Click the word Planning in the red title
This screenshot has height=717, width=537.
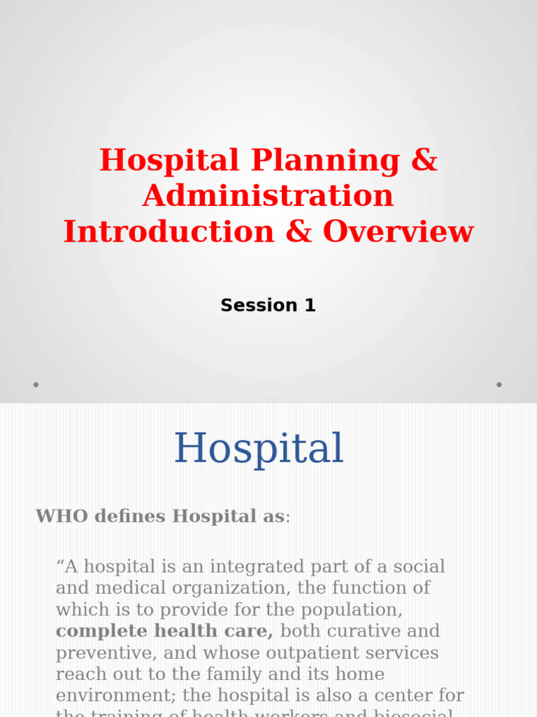[325, 160]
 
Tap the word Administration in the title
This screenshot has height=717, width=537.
[268, 196]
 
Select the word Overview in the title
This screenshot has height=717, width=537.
[398, 232]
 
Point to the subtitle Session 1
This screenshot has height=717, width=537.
[268, 306]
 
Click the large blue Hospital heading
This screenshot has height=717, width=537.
[259, 449]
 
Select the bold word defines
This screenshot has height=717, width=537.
[131, 517]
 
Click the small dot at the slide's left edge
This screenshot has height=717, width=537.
[36, 384]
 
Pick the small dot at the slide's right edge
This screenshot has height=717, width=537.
[499, 384]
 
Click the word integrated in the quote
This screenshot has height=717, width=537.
[249, 566]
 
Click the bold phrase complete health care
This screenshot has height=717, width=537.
[164, 632]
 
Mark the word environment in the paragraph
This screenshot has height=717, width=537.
[115, 697]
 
